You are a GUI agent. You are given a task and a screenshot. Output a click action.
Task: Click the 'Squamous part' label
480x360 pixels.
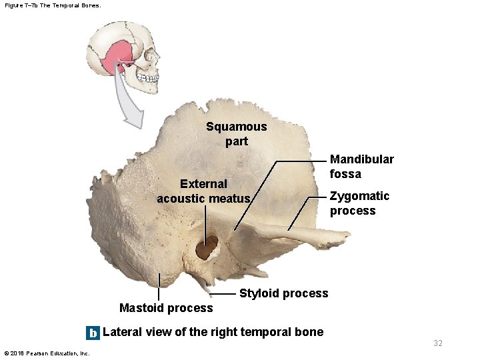236,133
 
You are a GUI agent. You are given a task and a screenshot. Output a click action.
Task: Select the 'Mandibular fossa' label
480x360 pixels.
361,167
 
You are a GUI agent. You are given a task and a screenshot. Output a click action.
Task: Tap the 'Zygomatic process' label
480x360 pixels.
359,203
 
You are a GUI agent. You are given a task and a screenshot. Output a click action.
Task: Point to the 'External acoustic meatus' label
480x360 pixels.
203,191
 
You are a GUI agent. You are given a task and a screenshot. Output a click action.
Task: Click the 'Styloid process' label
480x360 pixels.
283,293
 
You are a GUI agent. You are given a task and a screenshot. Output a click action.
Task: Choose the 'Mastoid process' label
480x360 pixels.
166,307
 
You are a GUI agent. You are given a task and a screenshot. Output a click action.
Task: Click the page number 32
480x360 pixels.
437,343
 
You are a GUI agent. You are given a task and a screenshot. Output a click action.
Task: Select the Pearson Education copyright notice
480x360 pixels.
47,353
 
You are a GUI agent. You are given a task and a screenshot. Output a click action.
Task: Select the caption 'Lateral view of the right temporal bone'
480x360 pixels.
213,332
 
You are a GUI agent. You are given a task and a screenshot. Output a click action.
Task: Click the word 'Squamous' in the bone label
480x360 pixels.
236,127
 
